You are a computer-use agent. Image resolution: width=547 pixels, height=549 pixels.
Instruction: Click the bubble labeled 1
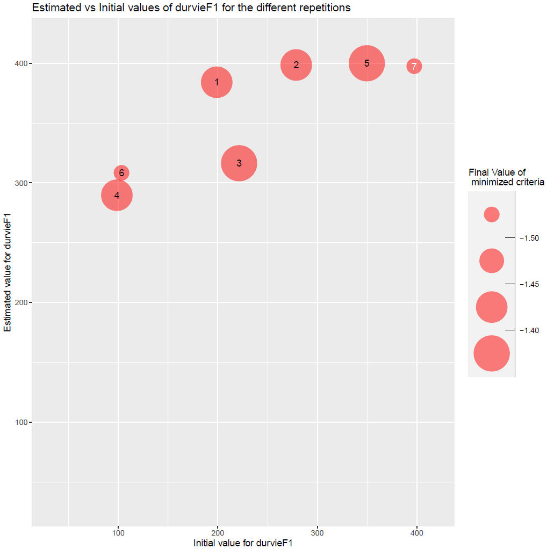pos(217,82)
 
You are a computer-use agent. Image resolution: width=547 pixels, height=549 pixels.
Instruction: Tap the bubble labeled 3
pos(239,163)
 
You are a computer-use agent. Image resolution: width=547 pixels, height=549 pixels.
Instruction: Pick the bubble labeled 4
pos(117,195)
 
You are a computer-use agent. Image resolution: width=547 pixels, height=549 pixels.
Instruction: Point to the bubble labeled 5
pos(366,63)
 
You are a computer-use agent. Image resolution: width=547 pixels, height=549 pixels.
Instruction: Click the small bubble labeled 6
pos(121,172)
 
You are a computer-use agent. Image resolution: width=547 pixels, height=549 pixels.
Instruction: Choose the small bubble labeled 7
pos(414,66)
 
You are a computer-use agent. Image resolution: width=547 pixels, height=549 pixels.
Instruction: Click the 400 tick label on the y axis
pos(21,63)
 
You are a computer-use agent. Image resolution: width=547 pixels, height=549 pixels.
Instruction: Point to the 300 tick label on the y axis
pos(21,183)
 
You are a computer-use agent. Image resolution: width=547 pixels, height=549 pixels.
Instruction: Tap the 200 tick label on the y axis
pos(21,302)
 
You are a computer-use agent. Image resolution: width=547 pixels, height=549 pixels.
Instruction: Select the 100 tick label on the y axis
pos(21,422)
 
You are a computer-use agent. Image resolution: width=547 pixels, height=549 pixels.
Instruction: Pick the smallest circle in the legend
pos(492,214)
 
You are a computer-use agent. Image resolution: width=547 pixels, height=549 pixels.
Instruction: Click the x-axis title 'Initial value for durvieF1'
pos(243,543)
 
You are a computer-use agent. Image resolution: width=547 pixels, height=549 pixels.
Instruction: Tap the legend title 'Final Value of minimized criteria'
pos(506,177)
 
